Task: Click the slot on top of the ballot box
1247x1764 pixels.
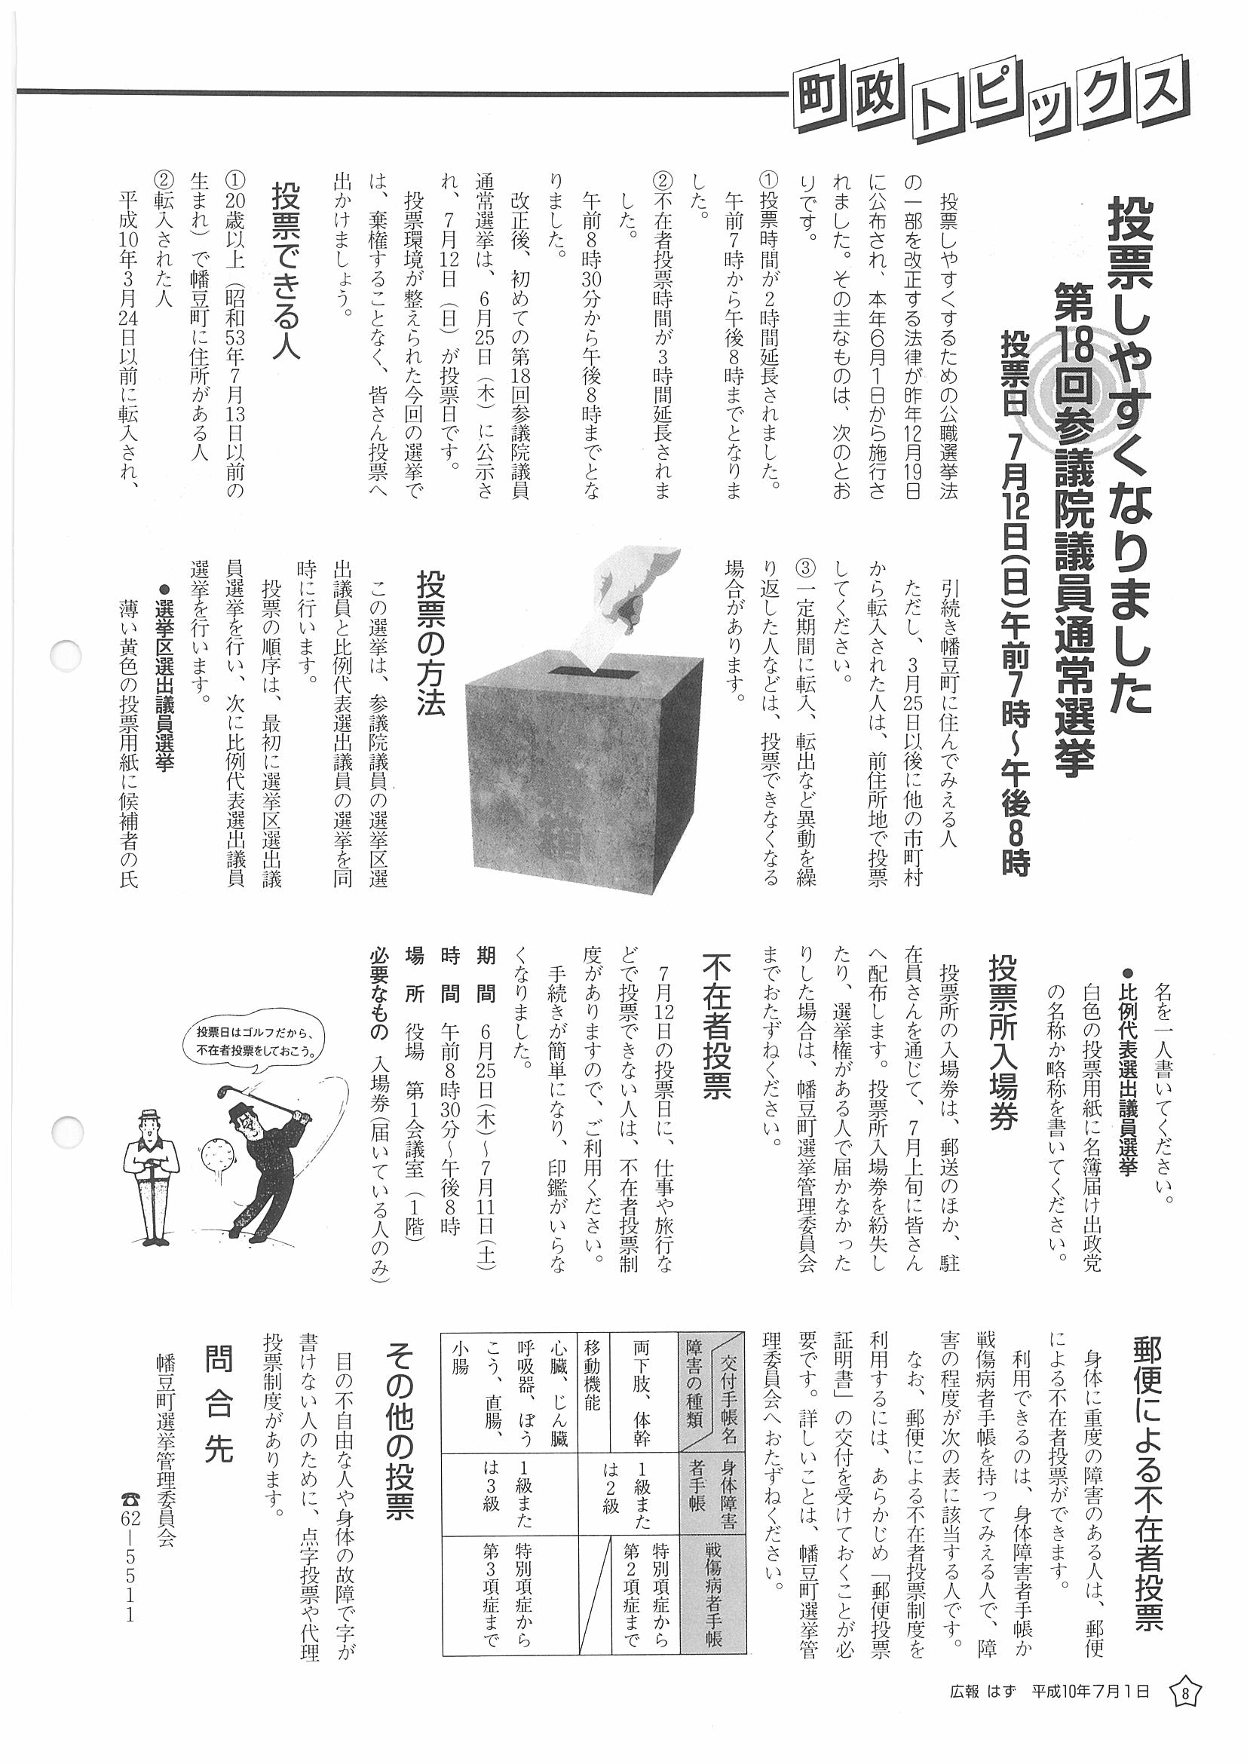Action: pyautogui.click(x=591, y=674)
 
